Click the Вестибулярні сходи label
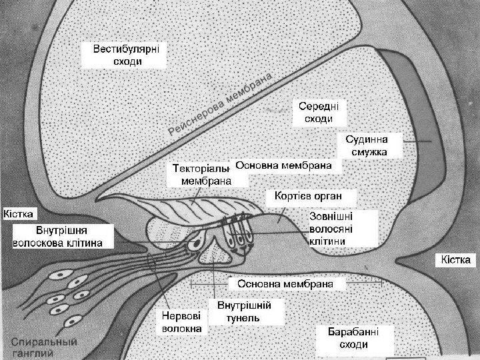(125, 55)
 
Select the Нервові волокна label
(180, 322)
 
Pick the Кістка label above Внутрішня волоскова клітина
(19, 214)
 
